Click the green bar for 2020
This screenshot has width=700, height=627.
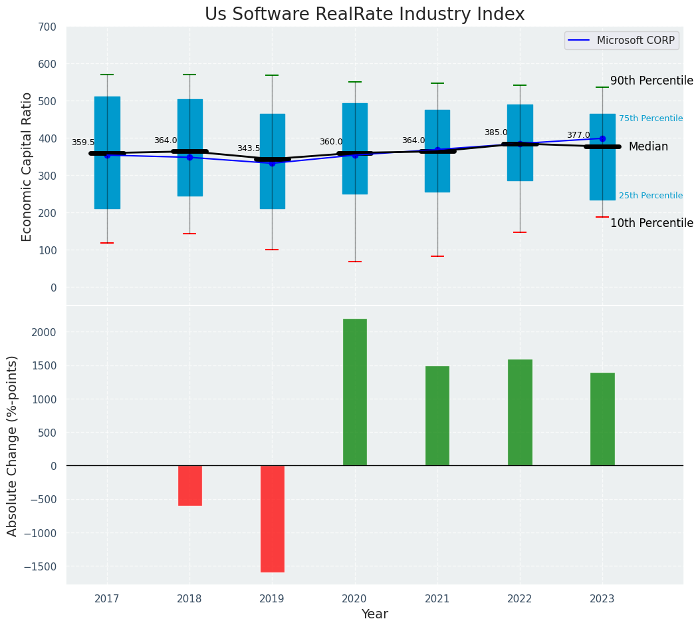point(355,392)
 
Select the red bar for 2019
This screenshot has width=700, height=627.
point(272,519)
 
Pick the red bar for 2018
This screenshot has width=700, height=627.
point(189,485)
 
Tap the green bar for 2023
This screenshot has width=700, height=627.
point(602,419)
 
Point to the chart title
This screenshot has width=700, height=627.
point(364,15)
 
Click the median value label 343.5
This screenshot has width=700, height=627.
point(249,148)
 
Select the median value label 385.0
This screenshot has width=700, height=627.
point(496,132)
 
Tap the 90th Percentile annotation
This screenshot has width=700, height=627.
point(651,81)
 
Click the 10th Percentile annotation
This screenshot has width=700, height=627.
point(651,223)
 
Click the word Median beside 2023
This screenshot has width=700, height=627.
point(648,146)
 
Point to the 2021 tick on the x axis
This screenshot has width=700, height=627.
point(437,599)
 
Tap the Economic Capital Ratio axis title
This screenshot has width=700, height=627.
point(27,166)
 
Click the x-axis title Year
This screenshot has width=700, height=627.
point(375,614)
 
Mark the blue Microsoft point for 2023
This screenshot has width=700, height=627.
point(602,138)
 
